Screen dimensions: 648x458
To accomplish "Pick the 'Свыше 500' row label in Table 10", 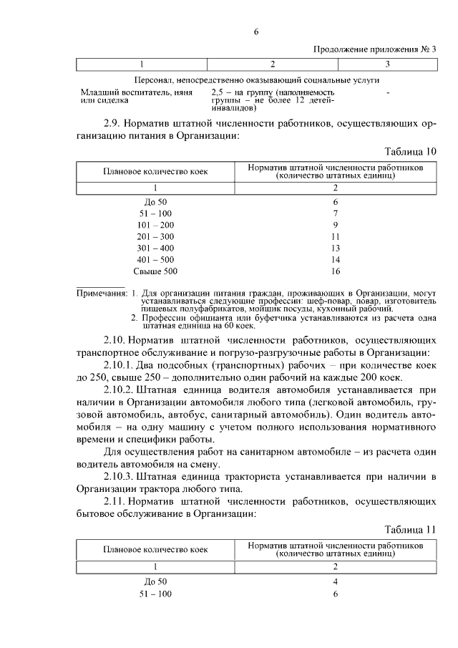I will coord(155,271).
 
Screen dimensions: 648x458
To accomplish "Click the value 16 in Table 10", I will coord(335,271).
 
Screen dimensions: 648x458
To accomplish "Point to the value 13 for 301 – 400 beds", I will coord(335,248).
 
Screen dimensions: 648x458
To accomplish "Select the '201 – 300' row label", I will coord(155,236).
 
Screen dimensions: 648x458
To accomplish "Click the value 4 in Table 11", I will coord(335,581).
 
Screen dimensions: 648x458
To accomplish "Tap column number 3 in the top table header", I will coord(387,64).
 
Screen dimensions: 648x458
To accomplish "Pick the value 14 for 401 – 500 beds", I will coord(335,260).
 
